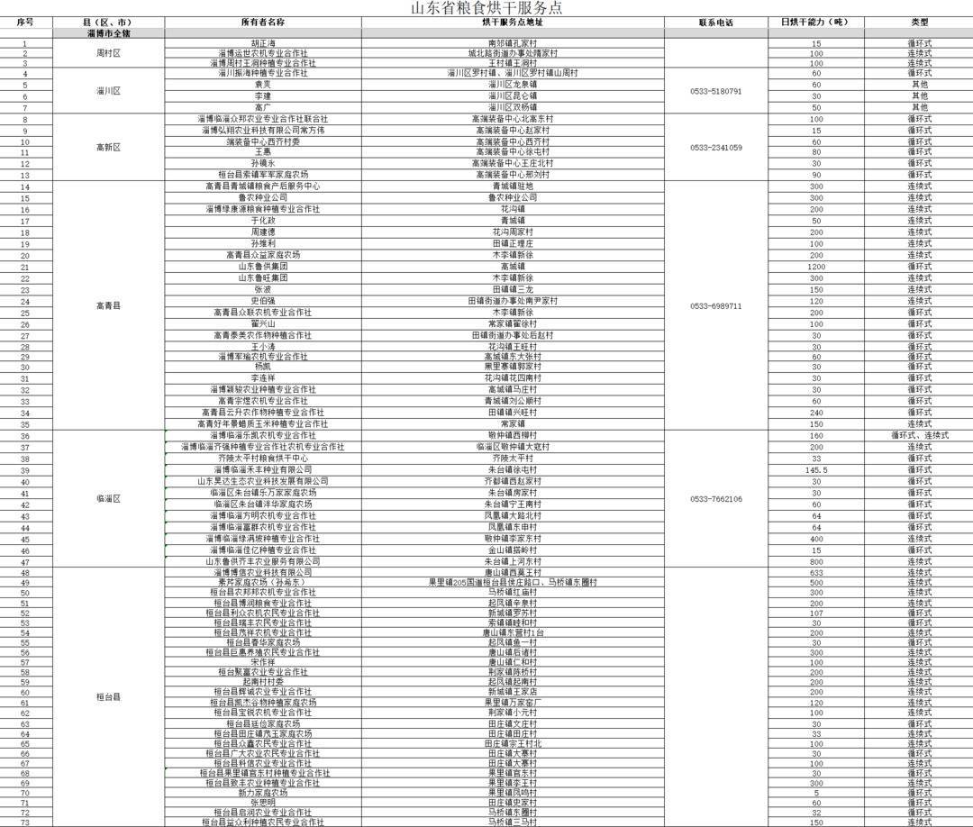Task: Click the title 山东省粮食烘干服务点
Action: tap(486, 8)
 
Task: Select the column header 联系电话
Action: tap(716, 22)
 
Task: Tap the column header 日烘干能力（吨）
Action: tap(815, 22)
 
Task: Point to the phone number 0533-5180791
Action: tap(716, 91)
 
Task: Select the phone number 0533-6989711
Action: tap(716, 305)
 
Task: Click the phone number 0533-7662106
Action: tap(716, 499)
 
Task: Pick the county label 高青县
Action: tap(108, 305)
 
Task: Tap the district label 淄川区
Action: tap(108, 91)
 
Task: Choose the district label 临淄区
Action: tap(108, 499)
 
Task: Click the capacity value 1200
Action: tap(816, 267)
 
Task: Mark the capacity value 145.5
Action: tap(816, 470)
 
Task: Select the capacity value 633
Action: tap(816, 572)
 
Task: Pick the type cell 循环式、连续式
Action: tap(919, 436)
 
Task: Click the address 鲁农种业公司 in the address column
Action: tap(512, 197)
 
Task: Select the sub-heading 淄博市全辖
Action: tap(108, 32)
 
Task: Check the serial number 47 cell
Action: tap(25, 561)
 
